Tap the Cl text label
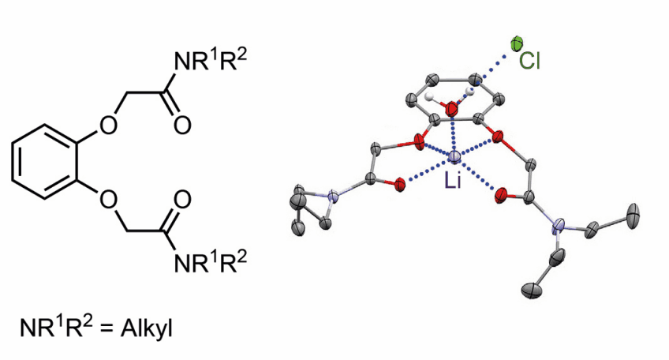pos(529,61)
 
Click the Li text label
pos(453,181)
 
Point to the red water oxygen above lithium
pos(451,109)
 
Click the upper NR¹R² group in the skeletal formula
pos(211,60)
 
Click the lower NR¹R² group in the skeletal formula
pos(211,261)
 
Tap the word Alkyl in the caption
pos(147,328)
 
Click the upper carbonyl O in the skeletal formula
pos(182,125)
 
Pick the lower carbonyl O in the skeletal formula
pos(182,200)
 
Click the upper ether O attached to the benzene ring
pos(108,125)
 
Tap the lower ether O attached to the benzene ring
pos(108,200)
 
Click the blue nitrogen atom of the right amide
pos(557,226)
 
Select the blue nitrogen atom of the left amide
pos(332,197)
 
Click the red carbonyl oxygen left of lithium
pos(400,185)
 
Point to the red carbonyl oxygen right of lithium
pos(501,196)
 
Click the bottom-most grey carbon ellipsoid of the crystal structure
pos(532,291)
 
